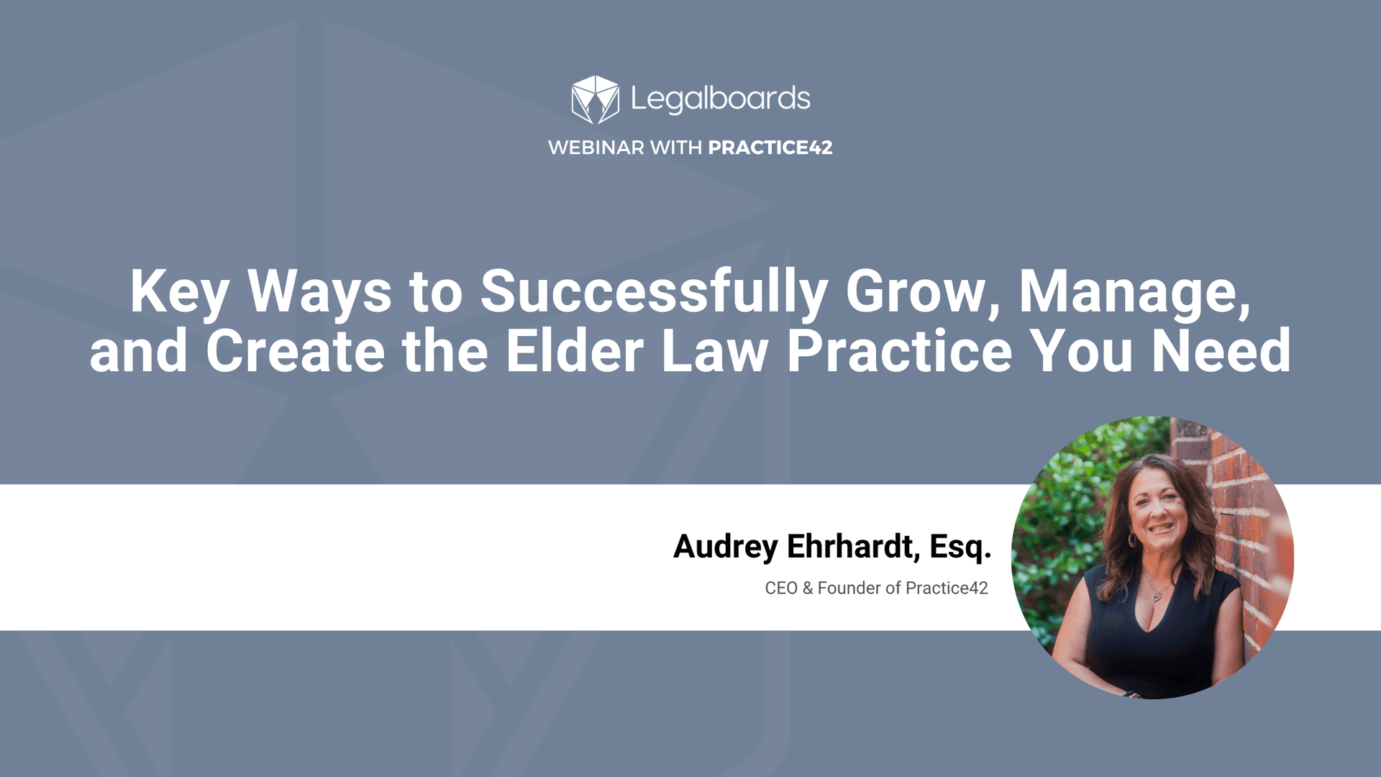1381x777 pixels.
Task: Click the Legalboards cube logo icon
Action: [x=595, y=99]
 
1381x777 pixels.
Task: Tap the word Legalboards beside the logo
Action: [x=720, y=99]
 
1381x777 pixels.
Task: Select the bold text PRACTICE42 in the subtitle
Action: [x=770, y=147]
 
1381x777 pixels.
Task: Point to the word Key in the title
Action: [x=179, y=292]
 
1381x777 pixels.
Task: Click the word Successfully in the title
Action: [x=654, y=292]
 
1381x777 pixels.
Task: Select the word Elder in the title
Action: [x=575, y=351]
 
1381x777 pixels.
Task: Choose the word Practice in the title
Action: [x=900, y=351]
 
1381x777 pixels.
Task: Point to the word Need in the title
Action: [x=1221, y=351]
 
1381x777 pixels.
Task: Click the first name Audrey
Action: [x=725, y=547]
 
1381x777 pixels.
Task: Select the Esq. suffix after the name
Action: [x=960, y=547]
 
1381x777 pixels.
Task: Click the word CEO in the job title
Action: [x=781, y=589]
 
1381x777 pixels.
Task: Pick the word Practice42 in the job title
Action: [x=947, y=589]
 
